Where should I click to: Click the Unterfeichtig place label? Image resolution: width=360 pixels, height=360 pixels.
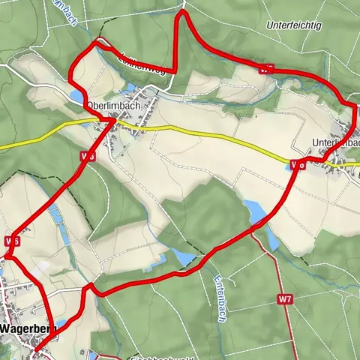(294, 25)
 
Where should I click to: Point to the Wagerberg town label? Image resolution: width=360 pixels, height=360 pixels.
(26, 328)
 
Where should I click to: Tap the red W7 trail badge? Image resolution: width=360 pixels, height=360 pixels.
(284, 299)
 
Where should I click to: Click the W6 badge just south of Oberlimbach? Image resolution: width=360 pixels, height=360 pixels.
(87, 156)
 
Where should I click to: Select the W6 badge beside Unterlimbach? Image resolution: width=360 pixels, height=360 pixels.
(298, 163)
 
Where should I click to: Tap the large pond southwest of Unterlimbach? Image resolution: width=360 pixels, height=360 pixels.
(254, 211)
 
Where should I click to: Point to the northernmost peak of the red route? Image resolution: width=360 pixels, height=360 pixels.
(181, 13)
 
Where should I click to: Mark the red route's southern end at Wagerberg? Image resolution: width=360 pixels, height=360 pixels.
(37, 348)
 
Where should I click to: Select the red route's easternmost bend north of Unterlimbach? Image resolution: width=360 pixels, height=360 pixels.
(355, 112)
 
